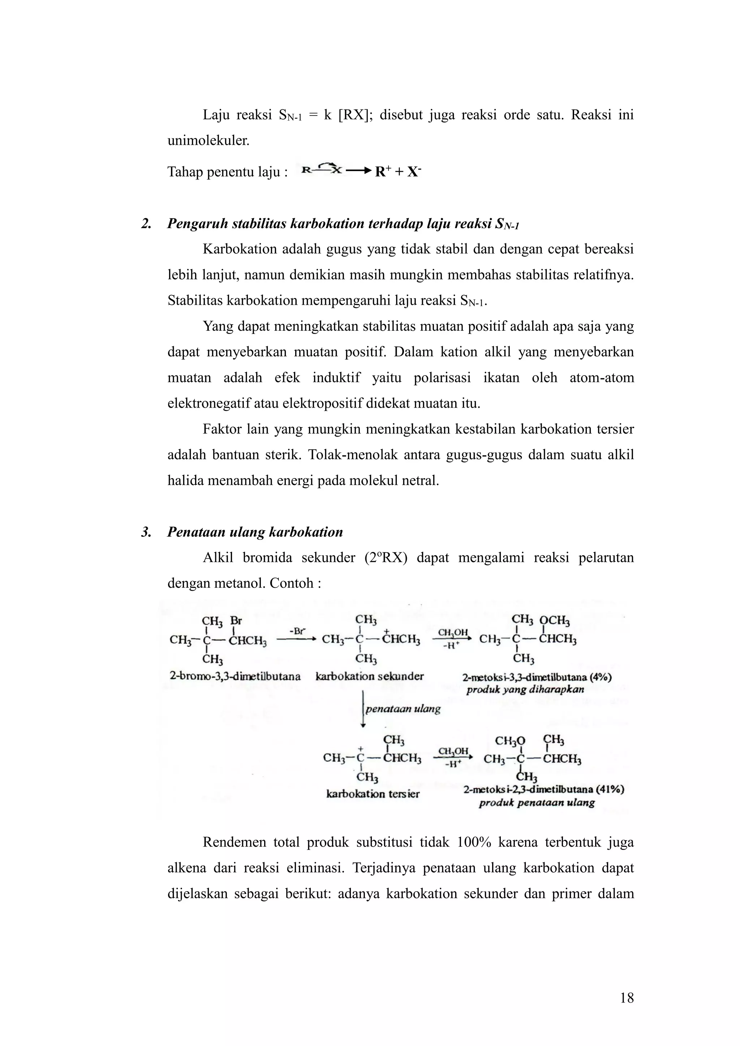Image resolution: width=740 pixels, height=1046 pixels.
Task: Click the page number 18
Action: click(627, 998)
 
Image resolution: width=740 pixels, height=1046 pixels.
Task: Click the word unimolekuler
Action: click(208, 141)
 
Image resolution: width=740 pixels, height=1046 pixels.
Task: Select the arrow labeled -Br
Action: click(296, 638)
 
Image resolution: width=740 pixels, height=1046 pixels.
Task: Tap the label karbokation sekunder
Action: click(369, 676)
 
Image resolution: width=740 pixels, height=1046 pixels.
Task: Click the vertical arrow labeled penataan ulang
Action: click(363, 708)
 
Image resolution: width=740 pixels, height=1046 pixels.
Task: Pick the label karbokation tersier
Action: click(373, 794)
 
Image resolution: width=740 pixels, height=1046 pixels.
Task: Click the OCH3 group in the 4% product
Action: click(554, 621)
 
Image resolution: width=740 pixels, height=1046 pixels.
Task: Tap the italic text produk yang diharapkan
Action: click(525, 689)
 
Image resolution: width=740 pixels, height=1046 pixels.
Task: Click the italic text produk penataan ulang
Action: click(537, 803)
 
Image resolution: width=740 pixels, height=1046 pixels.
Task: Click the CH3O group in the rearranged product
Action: click(510, 741)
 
